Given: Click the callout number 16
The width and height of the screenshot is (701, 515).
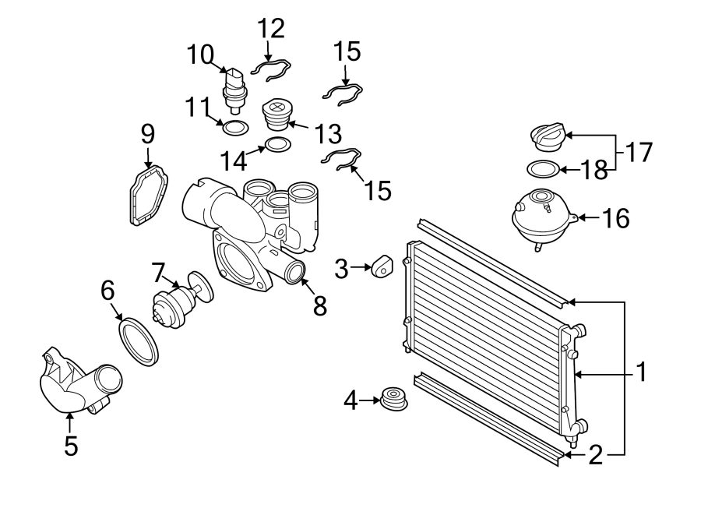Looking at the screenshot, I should (x=615, y=218).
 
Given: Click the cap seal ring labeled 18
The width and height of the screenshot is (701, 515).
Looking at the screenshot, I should (x=542, y=168).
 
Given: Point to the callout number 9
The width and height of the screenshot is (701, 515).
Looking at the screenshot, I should (x=148, y=134).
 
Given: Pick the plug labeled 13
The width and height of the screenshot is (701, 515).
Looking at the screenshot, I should (x=277, y=115).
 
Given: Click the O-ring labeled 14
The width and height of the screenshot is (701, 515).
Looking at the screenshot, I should (x=277, y=144).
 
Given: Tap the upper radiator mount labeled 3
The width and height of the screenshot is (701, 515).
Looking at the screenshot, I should (x=381, y=266).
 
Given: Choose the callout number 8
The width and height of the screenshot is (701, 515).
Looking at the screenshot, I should (x=319, y=305).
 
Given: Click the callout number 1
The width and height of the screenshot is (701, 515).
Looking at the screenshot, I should (x=641, y=372).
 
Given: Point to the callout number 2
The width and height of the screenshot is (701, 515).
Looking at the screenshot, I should (x=595, y=455).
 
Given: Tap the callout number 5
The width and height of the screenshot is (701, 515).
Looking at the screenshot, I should (x=71, y=446).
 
